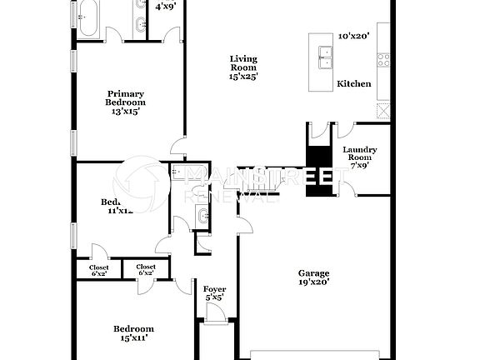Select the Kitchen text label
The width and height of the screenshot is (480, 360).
[354, 84]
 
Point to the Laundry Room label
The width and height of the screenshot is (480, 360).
[360, 153]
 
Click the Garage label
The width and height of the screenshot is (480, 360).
[314, 273]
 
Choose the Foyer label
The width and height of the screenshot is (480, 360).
[215, 288]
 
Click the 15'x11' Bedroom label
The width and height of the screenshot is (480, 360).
[134, 329]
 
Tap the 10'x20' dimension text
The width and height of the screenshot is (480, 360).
[354, 37]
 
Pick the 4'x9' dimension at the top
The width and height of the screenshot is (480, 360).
[165, 7]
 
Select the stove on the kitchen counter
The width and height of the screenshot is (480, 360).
[383, 60]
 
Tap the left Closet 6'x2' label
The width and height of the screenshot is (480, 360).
[98, 270]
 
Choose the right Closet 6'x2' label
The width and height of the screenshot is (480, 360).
[145, 270]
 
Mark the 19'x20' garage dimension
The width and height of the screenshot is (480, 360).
[314, 282]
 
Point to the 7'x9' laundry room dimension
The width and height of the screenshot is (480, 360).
[360, 165]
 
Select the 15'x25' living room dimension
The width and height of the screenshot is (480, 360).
[244, 76]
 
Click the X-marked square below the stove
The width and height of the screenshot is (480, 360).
[383, 110]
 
